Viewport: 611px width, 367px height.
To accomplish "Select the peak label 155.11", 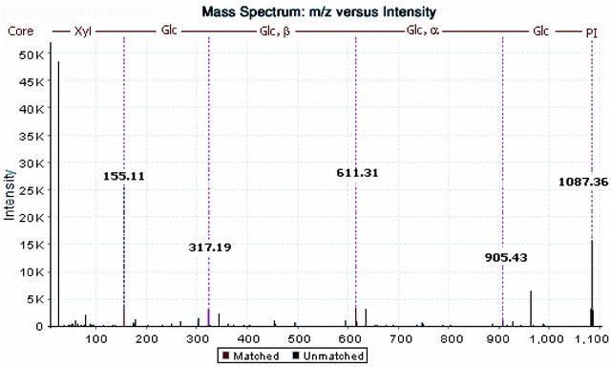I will [123, 177].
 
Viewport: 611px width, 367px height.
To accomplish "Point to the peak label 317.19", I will [209, 248].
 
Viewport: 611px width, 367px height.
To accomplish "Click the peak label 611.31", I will [356, 174].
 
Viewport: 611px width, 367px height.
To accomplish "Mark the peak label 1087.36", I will [579, 182].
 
